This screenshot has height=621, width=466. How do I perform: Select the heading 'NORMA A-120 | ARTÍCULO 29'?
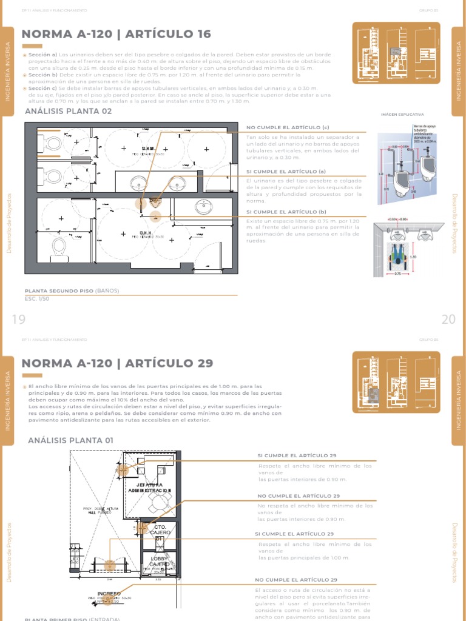tap(117, 363)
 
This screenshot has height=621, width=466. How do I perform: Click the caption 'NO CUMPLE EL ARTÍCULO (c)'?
tap(287, 127)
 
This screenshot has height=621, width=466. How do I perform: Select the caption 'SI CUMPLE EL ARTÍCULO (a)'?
tap(286, 172)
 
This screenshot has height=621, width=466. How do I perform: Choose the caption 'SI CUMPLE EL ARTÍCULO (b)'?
tap(286, 212)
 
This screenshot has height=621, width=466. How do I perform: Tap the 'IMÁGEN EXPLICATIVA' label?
tap(402, 114)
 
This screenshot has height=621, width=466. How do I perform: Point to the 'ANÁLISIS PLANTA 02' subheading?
tap(68, 112)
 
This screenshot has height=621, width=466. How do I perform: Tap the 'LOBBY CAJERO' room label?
tap(158, 561)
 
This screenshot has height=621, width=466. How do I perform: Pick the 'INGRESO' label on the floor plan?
tap(109, 593)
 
